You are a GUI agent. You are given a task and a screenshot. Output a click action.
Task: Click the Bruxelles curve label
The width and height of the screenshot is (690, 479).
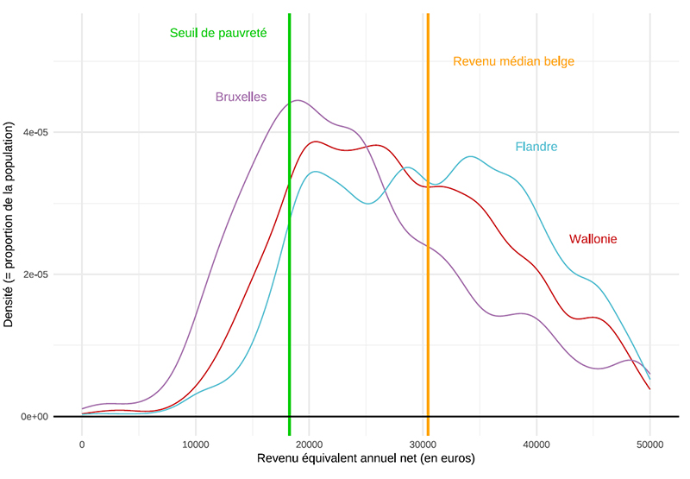[241, 97]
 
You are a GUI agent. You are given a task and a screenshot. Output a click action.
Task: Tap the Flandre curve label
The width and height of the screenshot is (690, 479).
[536, 147]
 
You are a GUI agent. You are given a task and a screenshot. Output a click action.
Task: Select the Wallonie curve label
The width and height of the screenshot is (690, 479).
[593, 239]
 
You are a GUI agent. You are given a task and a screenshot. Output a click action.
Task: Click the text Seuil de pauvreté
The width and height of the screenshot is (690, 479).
[218, 33]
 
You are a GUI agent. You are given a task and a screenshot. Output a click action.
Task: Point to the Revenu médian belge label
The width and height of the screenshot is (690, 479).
[513, 61]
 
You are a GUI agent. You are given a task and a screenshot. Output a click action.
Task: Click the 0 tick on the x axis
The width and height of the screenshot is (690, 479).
[82, 444]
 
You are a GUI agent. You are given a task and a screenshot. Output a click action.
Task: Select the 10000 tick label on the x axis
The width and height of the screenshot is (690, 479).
[196, 444]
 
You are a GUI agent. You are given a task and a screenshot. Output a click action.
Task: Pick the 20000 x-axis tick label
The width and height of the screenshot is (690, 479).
[309, 444]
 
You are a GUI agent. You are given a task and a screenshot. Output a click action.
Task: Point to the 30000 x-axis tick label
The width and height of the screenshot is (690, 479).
[423, 444]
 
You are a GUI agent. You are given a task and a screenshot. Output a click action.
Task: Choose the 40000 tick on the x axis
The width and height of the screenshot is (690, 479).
[536, 444]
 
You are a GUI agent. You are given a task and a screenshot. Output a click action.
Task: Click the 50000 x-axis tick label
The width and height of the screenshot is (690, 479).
[649, 444]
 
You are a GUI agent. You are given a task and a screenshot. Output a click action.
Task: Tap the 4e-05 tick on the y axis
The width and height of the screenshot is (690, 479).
[41, 133]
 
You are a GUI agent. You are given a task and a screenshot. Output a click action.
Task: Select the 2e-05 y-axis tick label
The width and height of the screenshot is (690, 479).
[41, 274]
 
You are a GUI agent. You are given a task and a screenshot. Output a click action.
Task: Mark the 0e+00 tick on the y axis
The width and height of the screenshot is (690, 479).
[40, 417]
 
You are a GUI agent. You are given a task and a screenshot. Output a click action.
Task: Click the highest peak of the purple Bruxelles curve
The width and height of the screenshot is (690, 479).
[298, 100]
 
